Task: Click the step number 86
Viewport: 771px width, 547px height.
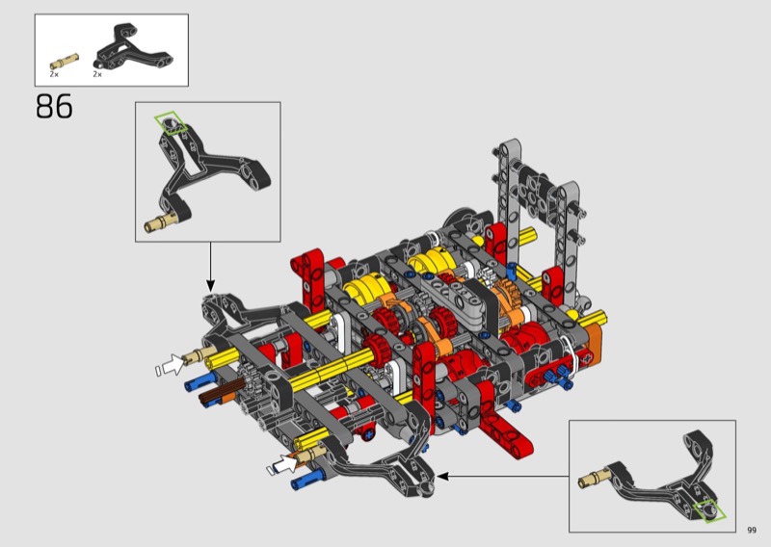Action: point(54,107)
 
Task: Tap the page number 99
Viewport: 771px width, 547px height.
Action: point(752,530)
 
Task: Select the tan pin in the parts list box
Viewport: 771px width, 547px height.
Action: point(64,62)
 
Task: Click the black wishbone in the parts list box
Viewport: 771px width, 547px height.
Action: point(133,49)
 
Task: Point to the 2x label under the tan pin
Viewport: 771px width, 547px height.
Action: point(54,74)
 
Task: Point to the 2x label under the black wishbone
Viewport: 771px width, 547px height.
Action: point(97,74)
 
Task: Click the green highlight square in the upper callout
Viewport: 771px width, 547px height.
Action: point(171,123)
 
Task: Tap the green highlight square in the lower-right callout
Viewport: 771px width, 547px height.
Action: point(709,511)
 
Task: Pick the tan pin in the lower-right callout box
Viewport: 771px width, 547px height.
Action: point(594,479)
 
